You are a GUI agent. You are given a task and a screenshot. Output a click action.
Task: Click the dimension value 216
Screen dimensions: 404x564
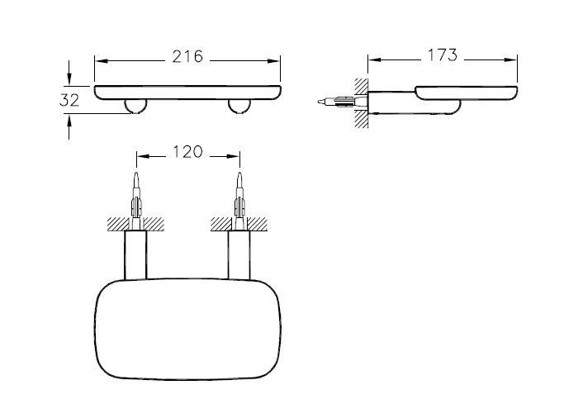pos(188,58)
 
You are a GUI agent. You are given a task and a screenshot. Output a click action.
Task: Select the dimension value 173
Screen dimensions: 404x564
pos(443,55)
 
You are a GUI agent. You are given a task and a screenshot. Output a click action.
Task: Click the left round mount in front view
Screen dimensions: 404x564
pos(135,106)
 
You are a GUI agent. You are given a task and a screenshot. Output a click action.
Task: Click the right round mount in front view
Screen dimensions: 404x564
pos(241,106)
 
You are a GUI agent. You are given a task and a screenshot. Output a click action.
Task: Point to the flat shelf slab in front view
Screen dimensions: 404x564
pos(188,91)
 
